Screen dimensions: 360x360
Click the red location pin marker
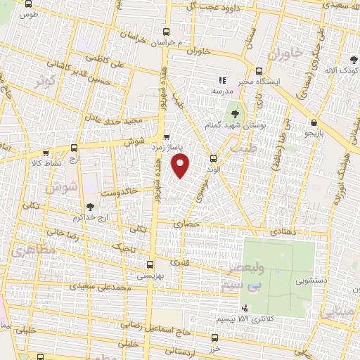coord(181,165)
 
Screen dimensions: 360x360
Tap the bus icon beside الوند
coord(213,158)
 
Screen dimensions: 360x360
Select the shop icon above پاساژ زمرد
coord(167,137)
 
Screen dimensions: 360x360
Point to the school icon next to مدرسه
coord(222,80)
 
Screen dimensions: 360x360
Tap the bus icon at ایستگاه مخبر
coord(259,71)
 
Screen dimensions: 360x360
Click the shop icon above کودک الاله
coord(353,60)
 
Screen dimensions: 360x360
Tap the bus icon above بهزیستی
coord(149,264)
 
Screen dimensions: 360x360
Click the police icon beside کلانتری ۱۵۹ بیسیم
coord(244,308)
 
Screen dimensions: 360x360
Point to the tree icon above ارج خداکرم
coord(89,206)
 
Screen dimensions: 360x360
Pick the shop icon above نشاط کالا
coord(46,152)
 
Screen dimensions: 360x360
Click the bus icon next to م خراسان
coord(167,32)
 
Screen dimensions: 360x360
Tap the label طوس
coord(27,14)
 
